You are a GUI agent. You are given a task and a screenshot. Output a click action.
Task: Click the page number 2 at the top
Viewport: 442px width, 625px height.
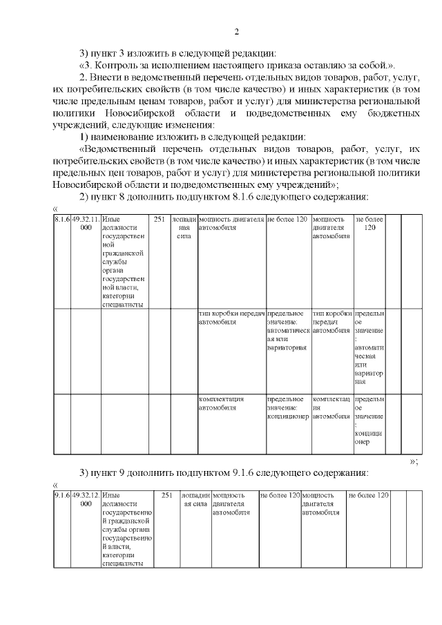point(236,32)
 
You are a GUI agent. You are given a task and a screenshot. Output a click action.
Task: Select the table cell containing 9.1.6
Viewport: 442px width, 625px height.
point(61,495)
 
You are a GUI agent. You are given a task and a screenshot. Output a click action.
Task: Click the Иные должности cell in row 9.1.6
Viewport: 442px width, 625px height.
point(124,529)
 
